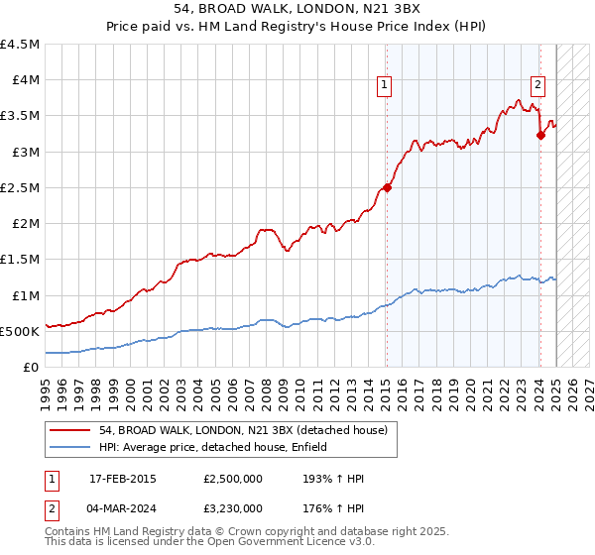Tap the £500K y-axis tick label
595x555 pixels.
coord(20,331)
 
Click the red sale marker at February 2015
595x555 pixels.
coord(387,187)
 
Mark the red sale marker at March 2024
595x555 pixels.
coord(540,136)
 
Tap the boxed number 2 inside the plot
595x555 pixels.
coord(537,84)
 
